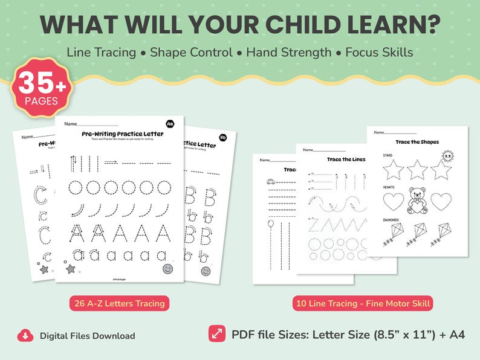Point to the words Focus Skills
(379, 52)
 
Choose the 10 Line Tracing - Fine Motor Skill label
(363, 303)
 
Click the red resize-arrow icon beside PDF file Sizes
(216, 334)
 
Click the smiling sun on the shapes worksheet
(448, 157)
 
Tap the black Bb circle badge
(223, 137)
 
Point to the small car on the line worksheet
(270, 181)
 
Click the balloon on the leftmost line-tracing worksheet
(270, 225)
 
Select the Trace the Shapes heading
(418, 142)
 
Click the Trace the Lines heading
(346, 159)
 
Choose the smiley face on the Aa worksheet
(167, 269)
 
